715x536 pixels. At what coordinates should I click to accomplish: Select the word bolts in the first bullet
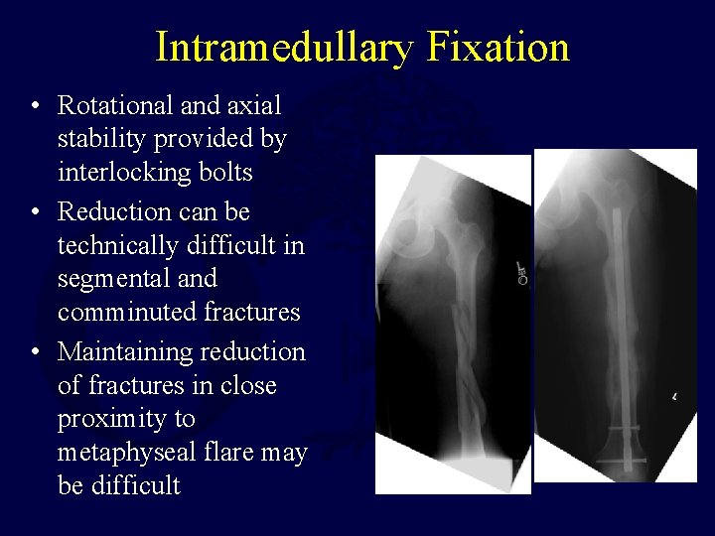point(224,173)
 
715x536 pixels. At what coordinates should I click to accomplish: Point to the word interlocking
point(125,173)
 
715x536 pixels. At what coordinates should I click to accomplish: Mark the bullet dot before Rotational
point(35,105)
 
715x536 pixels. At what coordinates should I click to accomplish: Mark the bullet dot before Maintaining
point(35,352)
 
